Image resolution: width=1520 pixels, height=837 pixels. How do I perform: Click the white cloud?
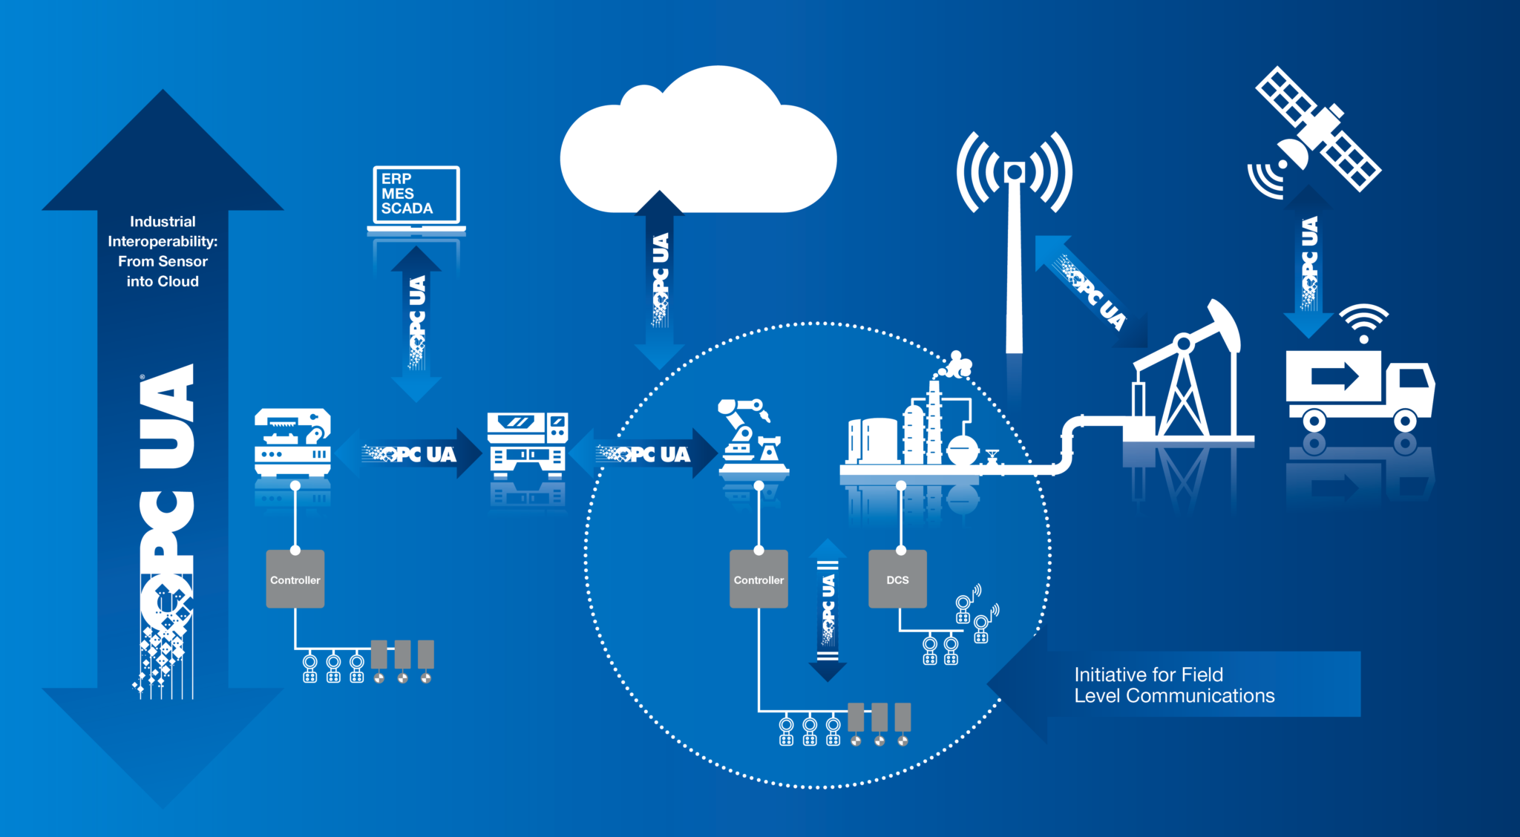click(x=698, y=148)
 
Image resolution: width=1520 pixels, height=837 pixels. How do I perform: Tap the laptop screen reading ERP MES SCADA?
click(x=416, y=194)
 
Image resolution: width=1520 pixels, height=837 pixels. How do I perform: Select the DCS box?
click(x=897, y=580)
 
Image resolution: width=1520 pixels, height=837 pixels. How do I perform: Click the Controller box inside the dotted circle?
click(x=759, y=580)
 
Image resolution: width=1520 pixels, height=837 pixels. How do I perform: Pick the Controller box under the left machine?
click(x=295, y=580)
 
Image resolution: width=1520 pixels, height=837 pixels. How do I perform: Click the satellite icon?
click(x=1317, y=130)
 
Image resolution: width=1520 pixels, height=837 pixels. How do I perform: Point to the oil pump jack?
click(x=1187, y=378)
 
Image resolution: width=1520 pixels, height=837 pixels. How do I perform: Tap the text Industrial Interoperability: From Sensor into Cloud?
click(x=163, y=251)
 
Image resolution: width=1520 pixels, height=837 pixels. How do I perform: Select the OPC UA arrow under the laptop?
click(x=416, y=324)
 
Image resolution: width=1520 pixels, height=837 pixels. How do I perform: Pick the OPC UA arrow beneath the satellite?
click(x=1308, y=263)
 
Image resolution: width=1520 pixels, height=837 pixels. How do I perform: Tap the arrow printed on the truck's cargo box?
click(x=1334, y=375)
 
